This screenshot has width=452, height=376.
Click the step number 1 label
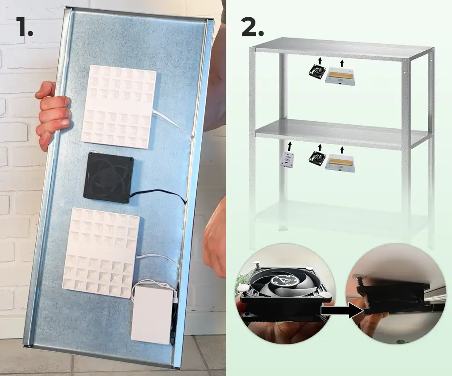[25, 27]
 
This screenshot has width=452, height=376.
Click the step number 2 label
[252, 27]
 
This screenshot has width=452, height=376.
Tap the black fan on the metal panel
[109, 178]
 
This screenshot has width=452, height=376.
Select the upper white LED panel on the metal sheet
[119, 107]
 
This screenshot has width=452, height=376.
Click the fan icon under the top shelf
[316, 72]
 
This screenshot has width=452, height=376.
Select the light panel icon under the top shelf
[340, 76]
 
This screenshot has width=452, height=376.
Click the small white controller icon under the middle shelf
[287, 159]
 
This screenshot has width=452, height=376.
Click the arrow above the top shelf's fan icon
[319, 60]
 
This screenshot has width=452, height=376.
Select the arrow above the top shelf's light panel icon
[342, 63]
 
